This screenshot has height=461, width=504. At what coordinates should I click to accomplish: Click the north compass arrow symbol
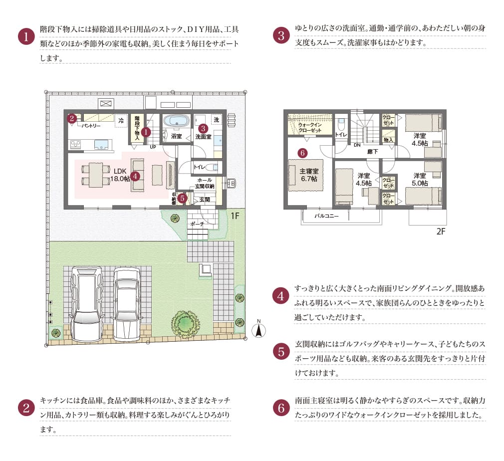pyautogui.click(x=258, y=329)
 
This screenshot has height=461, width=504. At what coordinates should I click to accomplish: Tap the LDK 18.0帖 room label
pyautogui.click(x=120, y=175)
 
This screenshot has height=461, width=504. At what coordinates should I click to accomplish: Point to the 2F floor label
pyautogui.click(x=441, y=231)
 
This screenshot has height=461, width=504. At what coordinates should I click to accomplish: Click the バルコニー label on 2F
pyautogui.click(x=327, y=217)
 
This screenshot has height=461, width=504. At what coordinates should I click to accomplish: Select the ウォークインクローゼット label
pyautogui.click(x=310, y=127)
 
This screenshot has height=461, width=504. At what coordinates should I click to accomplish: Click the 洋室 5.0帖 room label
pyautogui.click(x=420, y=179)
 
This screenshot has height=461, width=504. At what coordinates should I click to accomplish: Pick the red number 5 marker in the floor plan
pyautogui.click(x=182, y=198)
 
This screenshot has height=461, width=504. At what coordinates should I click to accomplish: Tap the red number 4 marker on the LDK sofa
pyautogui.click(x=135, y=176)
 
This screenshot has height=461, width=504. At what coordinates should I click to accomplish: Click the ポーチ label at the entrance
pyautogui.click(x=198, y=224)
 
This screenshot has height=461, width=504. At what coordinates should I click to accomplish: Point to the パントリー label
pyautogui.click(x=92, y=126)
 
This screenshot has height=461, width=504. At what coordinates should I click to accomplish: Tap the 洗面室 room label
pyautogui.click(x=204, y=136)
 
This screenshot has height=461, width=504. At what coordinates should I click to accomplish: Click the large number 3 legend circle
pyautogui.click(x=281, y=36)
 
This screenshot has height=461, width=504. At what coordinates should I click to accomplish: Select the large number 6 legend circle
pyautogui.click(x=281, y=408)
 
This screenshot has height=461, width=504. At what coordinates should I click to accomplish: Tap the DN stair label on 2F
pyautogui.click(x=357, y=145)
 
